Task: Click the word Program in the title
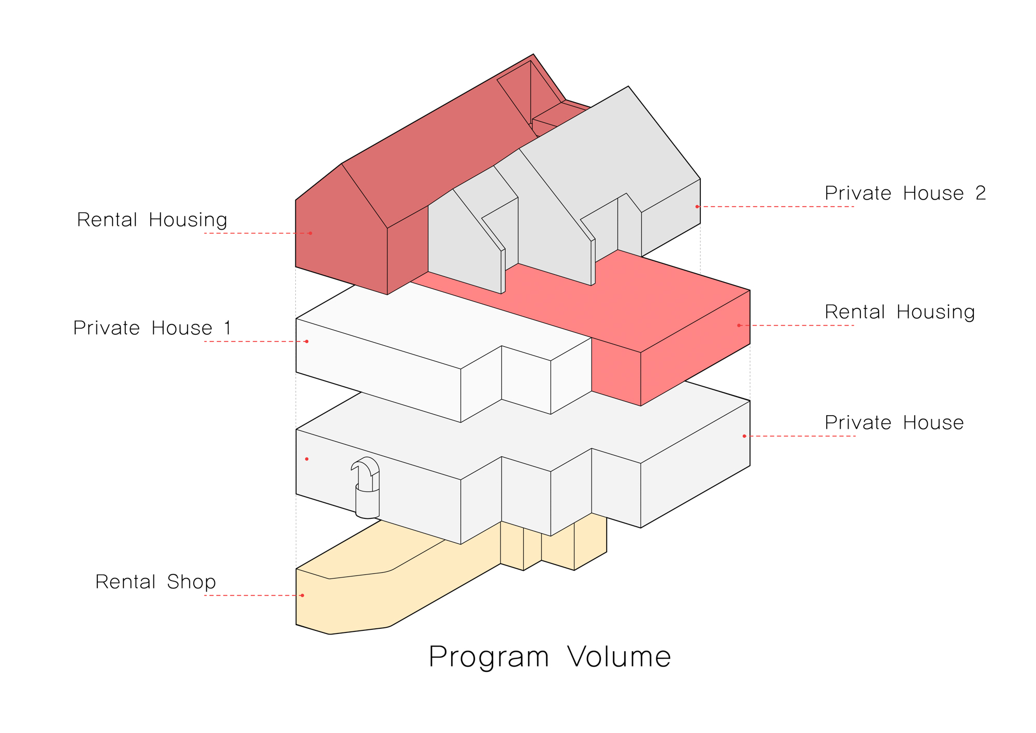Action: (488, 657)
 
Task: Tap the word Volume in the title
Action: (619, 657)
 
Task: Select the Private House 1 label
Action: (152, 328)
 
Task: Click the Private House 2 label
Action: (905, 193)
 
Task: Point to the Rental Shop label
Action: (155, 582)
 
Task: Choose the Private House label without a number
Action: (894, 423)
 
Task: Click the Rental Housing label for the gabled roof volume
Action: (152, 220)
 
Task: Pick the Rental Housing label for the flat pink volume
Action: (900, 312)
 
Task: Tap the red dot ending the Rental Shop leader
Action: (303, 596)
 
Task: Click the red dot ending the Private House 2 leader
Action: (697, 207)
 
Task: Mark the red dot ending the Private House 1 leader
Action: (307, 342)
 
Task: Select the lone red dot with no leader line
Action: (307, 459)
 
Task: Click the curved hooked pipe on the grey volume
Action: (367, 487)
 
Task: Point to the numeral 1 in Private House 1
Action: (227, 328)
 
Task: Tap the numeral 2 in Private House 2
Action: (980, 193)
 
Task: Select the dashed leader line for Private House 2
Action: (777, 207)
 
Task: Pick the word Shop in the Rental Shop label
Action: (191, 582)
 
